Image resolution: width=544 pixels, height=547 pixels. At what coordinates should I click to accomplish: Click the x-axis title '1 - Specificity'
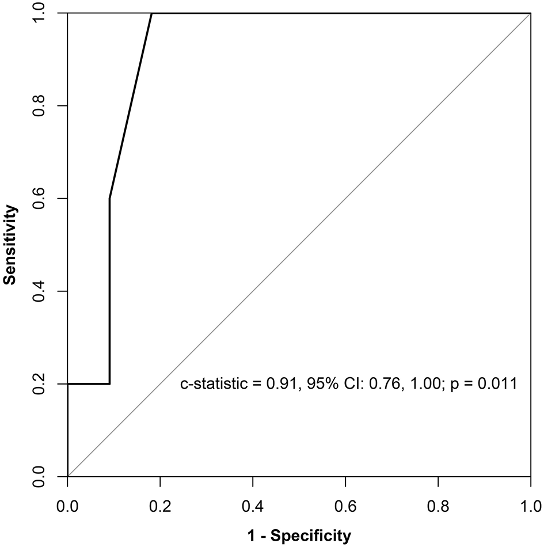[298, 537]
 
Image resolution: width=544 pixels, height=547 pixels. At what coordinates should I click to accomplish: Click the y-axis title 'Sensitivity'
[9, 245]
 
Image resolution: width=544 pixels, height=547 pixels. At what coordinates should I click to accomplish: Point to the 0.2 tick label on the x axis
[160, 507]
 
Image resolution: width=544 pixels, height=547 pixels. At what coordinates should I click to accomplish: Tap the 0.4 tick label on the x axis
[253, 507]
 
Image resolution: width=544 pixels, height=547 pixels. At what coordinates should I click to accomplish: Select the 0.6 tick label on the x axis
[345, 507]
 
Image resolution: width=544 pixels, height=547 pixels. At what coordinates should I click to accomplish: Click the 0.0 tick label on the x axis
[67, 507]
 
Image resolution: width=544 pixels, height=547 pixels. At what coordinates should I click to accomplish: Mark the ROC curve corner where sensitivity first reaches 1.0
[151, 13]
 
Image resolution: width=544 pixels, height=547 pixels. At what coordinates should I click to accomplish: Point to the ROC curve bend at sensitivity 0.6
[109, 199]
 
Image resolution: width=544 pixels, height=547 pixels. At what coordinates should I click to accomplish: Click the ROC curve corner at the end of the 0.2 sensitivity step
[109, 384]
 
